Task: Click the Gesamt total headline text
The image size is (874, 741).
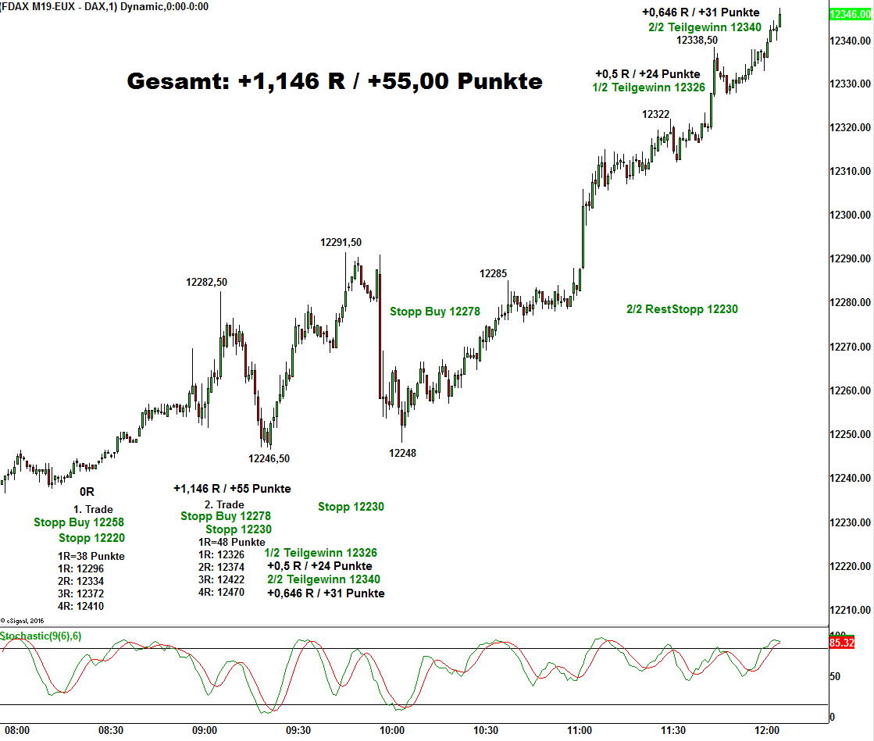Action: point(334,81)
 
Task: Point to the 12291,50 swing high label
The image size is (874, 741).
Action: point(341,242)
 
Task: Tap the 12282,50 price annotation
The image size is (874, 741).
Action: point(206,282)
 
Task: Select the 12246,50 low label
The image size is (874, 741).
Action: point(269,458)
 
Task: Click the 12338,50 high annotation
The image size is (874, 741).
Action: point(697,40)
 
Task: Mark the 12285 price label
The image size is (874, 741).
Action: point(493,274)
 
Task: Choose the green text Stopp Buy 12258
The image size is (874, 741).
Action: point(79,522)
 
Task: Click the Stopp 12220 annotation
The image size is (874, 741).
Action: point(91,538)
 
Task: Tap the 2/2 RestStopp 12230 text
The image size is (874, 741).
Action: point(682,309)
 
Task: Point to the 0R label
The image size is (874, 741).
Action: point(87,492)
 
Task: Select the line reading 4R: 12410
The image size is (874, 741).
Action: point(80,606)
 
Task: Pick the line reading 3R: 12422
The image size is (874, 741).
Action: point(221,579)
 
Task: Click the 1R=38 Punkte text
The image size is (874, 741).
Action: point(91,556)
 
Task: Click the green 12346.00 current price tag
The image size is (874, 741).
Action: point(849,14)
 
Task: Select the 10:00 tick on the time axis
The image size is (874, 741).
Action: point(392,730)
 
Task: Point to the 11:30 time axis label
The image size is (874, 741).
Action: point(673,730)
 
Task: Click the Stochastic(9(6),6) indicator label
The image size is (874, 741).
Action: point(41,636)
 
